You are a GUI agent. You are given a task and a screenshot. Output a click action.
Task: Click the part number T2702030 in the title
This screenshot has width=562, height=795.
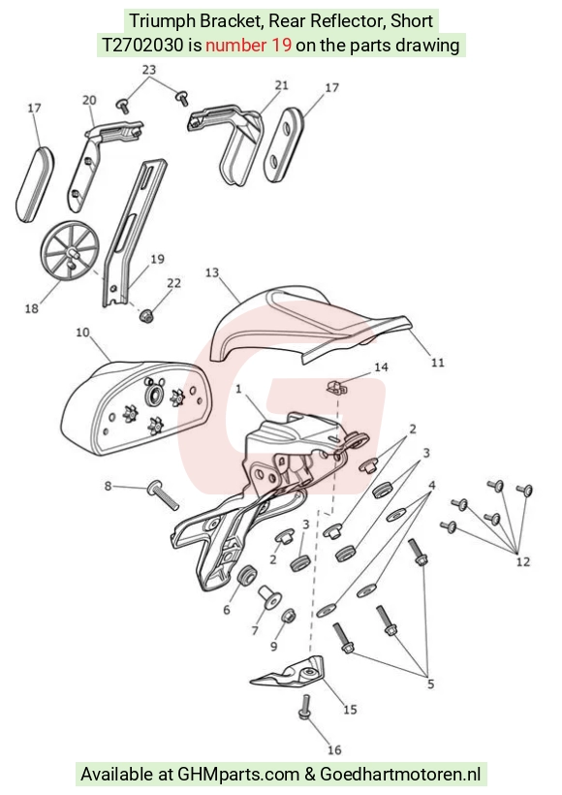click(142, 46)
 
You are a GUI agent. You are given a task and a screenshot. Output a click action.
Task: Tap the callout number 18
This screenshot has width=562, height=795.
click(31, 307)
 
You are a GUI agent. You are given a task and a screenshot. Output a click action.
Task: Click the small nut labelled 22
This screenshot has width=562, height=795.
click(146, 316)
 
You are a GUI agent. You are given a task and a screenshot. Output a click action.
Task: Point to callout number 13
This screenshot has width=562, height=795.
click(212, 272)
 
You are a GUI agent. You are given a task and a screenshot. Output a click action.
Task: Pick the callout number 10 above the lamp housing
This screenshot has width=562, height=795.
click(82, 333)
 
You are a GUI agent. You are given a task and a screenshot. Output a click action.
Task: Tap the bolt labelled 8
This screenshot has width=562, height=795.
click(163, 494)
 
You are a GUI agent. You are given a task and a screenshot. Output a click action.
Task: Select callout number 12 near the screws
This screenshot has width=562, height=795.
click(523, 561)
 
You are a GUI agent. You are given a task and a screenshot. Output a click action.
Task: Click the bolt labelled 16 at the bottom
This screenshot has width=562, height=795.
click(305, 706)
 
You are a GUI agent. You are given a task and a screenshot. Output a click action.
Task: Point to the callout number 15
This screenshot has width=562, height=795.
click(350, 709)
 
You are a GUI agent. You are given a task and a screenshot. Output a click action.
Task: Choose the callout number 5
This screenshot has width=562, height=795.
click(431, 684)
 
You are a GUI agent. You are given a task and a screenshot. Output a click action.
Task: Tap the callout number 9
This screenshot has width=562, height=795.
click(273, 646)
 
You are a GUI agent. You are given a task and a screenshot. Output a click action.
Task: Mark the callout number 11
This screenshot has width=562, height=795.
click(437, 362)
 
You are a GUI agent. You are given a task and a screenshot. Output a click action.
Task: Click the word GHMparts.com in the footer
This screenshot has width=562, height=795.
click(238, 775)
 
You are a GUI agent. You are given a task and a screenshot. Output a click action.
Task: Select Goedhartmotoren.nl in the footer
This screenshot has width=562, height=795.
click(400, 775)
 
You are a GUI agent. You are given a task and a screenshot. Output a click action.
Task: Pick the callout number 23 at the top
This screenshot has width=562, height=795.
click(149, 70)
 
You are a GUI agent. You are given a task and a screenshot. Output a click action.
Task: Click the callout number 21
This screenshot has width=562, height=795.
click(282, 85)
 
